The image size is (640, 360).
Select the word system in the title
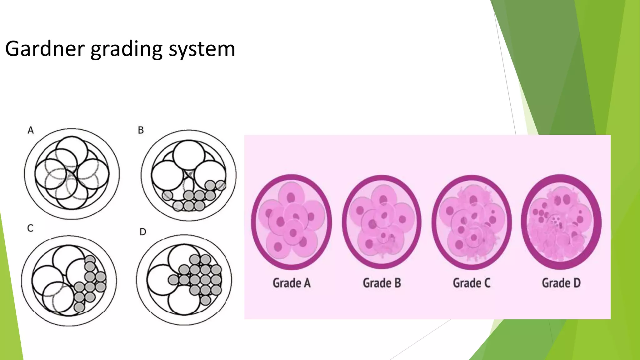[x=202, y=49]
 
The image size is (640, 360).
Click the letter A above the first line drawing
[x=31, y=130]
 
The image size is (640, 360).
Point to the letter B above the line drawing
[x=141, y=130]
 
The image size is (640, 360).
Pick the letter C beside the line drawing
[x=30, y=228]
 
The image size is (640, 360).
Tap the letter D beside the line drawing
[x=143, y=232]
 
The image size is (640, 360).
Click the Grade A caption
[x=292, y=283]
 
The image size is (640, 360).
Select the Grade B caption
[x=382, y=283]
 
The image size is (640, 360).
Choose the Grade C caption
[x=472, y=283]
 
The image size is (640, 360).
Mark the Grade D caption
[x=561, y=283]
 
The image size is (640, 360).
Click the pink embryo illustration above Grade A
[x=292, y=222]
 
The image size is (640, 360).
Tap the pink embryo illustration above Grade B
[x=382, y=222]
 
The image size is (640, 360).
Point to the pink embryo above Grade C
[x=472, y=222]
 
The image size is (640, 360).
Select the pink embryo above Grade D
[x=561, y=222]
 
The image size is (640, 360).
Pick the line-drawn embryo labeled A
[x=72, y=174]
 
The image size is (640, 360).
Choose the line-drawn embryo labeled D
[x=184, y=280]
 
